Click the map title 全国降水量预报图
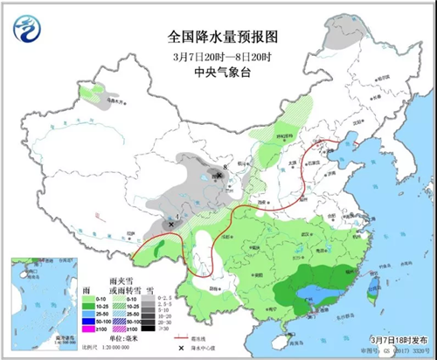coord(216,38)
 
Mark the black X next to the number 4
coord(170,225)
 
